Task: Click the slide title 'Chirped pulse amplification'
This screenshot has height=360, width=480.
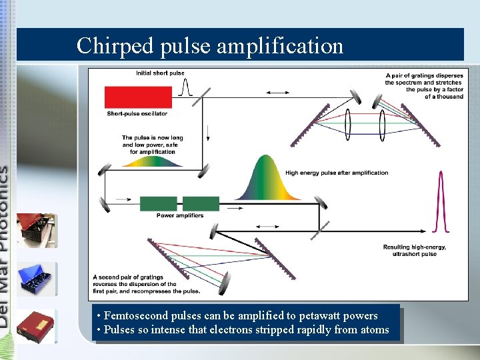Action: [x=210, y=45]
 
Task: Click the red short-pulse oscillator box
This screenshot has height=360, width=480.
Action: [x=129, y=97]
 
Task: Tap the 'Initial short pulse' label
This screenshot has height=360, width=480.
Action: [x=160, y=73]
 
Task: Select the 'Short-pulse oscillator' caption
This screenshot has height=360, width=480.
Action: [x=137, y=114]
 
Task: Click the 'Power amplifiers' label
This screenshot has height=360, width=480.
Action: [x=180, y=215]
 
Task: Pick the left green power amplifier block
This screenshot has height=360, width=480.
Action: [x=158, y=203]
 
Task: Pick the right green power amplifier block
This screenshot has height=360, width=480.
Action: [x=201, y=203]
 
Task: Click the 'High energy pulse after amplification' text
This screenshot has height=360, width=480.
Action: [x=337, y=173]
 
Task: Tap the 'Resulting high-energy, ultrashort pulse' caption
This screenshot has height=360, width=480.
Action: [x=415, y=250]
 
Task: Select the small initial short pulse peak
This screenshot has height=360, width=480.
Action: [x=187, y=86]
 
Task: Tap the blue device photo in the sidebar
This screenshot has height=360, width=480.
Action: [x=37, y=279]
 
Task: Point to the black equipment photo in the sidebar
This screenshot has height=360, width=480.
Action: [x=36, y=230]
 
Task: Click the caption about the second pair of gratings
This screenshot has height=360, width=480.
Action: [x=146, y=284]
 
